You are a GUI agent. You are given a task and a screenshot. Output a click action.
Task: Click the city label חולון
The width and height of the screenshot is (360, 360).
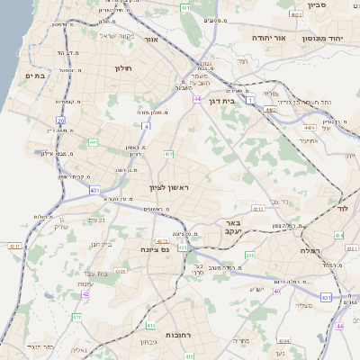[123, 67]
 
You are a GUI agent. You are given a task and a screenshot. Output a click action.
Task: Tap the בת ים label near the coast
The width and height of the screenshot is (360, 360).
[33, 76]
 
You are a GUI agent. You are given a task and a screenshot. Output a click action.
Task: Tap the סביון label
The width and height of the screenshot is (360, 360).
[316, 4]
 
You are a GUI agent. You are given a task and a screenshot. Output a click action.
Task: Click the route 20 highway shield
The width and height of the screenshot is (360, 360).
[61, 119]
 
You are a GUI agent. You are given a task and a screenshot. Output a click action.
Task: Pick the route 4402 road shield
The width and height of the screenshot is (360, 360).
[270, 110]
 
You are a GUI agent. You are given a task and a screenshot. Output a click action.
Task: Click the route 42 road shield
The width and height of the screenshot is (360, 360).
[85, 293]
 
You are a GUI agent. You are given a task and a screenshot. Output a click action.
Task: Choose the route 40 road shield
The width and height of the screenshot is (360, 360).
[277, 292]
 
